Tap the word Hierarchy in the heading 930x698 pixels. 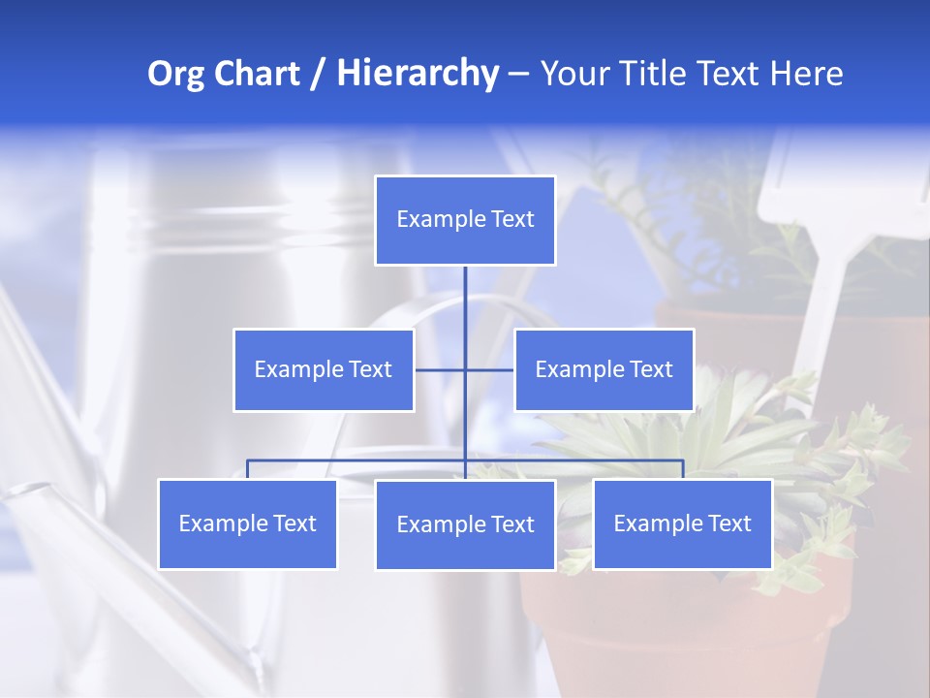[x=418, y=74]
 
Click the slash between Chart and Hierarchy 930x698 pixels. [x=317, y=75]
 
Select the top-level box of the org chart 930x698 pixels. [x=465, y=220]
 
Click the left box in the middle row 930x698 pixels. [x=324, y=369]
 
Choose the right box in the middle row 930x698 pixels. [x=604, y=369]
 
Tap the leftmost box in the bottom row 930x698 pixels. [x=247, y=523]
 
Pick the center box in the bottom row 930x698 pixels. [x=465, y=524]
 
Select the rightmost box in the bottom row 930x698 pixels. [x=682, y=523]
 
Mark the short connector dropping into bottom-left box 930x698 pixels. [x=247, y=469]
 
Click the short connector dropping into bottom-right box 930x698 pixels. [x=683, y=469]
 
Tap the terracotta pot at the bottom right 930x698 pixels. [x=678, y=630]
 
